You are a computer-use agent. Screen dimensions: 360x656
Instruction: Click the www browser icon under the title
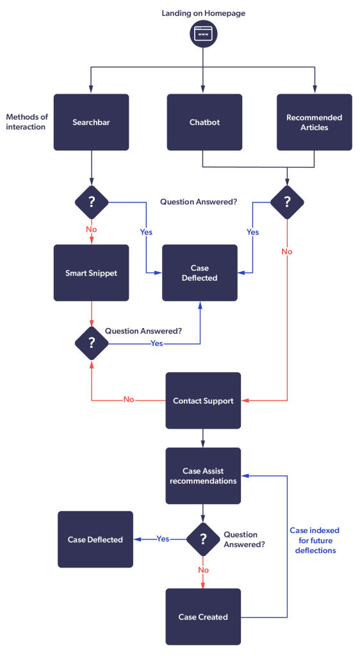pyautogui.click(x=203, y=34)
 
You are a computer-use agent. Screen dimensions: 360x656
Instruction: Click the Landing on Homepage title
pyautogui.click(x=203, y=13)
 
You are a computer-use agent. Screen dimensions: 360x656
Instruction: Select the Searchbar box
pyautogui.click(x=91, y=122)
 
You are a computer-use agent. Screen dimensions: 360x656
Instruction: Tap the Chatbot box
pyautogui.click(x=204, y=122)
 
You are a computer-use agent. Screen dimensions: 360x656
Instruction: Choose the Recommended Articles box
pyautogui.click(x=315, y=122)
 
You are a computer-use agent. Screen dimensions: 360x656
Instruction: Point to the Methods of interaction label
pyautogui.click(x=27, y=122)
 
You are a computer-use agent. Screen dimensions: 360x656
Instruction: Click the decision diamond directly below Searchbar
pyautogui.click(x=92, y=202)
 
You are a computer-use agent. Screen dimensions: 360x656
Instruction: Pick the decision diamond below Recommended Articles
pyautogui.click(x=287, y=202)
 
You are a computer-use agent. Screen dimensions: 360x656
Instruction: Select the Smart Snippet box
pyautogui.click(x=91, y=273)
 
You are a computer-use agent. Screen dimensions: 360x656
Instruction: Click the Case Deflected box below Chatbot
pyautogui.click(x=200, y=273)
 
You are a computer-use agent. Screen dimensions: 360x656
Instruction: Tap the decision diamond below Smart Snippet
pyautogui.click(x=92, y=343)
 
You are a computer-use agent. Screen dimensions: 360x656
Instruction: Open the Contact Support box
pyautogui.click(x=203, y=401)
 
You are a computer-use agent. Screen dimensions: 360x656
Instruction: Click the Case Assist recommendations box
pyautogui.click(x=203, y=476)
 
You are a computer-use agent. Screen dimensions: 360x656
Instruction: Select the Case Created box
pyautogui.click(x=203, y=617)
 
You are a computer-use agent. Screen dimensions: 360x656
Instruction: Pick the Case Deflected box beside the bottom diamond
pyautogui.click(x=95, y=539)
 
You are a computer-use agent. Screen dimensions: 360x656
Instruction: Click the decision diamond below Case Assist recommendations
pyautogui.click(x=203, y=539)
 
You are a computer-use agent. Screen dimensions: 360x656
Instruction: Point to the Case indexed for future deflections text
pyautogui.click(x=315, y=540)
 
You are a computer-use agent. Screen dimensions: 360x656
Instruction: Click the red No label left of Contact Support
pyautogui.click(x=128, y=400)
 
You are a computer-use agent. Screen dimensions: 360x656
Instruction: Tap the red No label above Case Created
pyautogui.click(x=203, y=570)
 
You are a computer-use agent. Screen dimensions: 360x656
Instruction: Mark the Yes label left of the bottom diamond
pyautogui.click(x=163, y=539)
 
